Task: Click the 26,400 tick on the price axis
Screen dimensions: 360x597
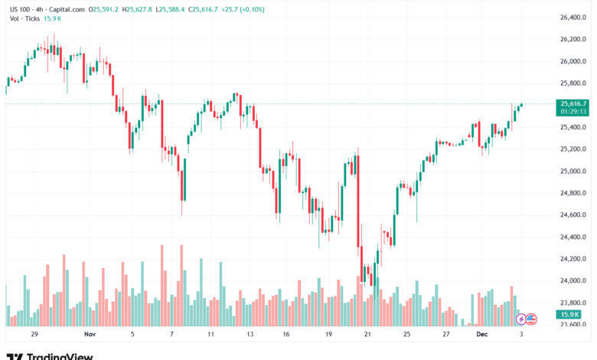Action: pos(574,17)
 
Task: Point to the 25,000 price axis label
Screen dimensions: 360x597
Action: pos(574,171)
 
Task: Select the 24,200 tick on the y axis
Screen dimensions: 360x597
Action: pos(574,259)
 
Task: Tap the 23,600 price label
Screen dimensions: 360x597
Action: pos(574,325)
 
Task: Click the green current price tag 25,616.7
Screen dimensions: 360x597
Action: pos(574,103)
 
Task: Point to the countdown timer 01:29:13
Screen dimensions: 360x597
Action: pos(574,112)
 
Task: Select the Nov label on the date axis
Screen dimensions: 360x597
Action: pos(90,335)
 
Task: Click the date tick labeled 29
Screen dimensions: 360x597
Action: pos(34,335)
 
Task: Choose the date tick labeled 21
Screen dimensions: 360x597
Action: pos(367,335)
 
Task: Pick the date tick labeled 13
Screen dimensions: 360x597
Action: pos(249,335)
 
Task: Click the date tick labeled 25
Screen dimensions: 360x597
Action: pos(407,335)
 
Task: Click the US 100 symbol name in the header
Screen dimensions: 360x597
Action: pos(19,9)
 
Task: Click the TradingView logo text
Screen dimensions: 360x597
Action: pos(60,356)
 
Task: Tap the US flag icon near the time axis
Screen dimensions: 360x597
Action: pos(531,319)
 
